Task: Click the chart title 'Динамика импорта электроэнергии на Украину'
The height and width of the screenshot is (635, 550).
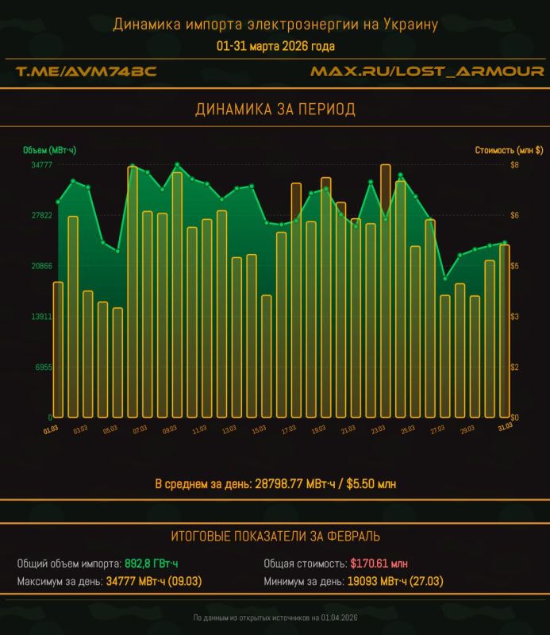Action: tap(275, 25)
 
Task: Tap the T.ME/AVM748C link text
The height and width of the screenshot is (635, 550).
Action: tap(87, 71)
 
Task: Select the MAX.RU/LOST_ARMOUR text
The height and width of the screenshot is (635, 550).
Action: tap(426, 71)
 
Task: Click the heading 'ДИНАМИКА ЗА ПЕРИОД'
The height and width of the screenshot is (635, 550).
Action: tap(275, 110)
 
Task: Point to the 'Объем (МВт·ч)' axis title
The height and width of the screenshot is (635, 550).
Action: tap(50, 149)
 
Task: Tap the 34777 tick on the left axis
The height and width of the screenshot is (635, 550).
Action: tap(41, 165)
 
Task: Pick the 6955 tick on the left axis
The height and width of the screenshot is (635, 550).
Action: tap(43, 367)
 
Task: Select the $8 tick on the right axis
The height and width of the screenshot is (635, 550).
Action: tap(515, 165)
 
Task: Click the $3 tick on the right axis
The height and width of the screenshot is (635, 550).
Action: tap(515, 317)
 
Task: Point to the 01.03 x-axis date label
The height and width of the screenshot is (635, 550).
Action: tap(51, 429)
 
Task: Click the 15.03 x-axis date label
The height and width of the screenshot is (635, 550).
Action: tap(259, 429)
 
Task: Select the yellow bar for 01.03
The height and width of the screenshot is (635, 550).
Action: tap(58, 349)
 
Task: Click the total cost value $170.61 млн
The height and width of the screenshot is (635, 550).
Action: tap(379, 564)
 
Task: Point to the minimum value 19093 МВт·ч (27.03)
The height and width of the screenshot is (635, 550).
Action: tap(393, 582)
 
